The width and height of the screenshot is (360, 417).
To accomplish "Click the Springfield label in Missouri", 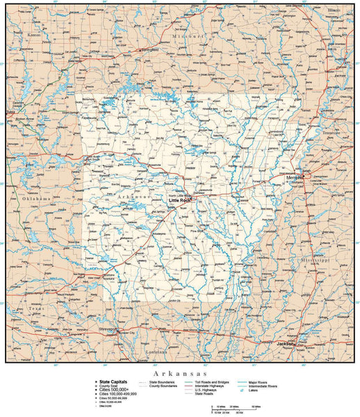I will [147, 50].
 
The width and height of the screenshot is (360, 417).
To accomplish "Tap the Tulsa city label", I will [9, 111].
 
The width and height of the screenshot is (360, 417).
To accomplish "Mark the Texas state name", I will [36, 309].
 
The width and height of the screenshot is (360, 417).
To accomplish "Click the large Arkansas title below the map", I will [180, 373].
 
